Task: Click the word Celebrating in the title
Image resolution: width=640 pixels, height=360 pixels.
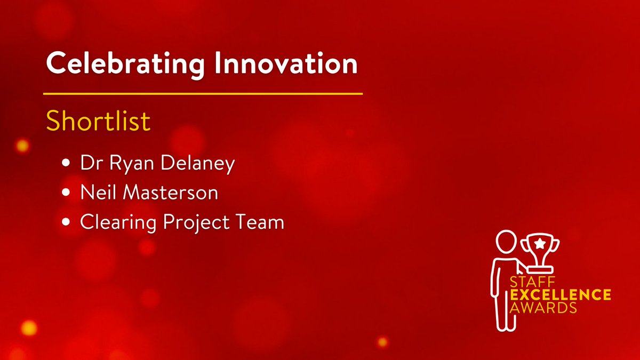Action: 125,65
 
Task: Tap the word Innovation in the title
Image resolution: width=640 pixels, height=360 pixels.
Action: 286,63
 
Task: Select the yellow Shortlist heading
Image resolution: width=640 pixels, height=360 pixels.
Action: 98,121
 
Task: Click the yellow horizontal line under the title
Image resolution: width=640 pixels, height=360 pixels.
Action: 203,94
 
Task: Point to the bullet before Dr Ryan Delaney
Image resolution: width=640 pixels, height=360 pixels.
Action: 66,163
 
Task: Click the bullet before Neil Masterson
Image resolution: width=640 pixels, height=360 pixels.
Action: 66,192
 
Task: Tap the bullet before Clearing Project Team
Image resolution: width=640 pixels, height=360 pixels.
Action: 66,222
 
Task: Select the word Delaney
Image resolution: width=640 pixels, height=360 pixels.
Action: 198,164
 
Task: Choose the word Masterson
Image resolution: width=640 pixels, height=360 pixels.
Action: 170,192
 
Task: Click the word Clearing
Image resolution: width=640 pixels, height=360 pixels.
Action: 118,223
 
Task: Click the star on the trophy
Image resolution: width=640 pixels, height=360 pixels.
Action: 540,243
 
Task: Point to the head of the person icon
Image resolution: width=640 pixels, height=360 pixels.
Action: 506,242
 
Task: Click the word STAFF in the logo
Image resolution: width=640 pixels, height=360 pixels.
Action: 532,282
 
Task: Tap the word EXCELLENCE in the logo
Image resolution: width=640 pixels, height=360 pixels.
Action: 561,294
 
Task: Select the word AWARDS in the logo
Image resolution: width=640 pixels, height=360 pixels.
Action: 543,307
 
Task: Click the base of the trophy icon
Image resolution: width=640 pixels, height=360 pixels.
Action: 540,269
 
